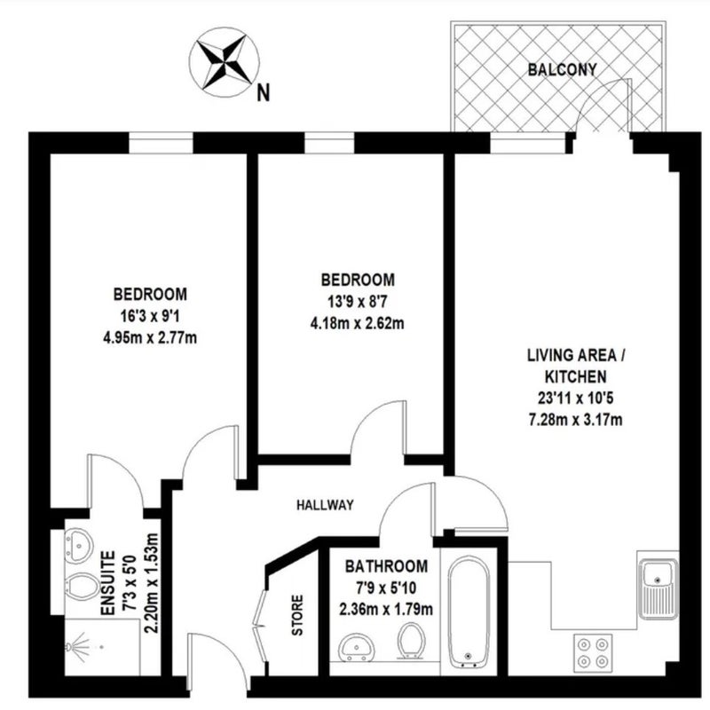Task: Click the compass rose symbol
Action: tap(225, 61)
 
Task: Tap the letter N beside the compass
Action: tap(263, 93)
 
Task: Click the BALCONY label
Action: tap(562, 69)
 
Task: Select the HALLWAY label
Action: tap(325, 505)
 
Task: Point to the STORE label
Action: tap(297, 615)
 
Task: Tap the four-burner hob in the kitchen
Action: tap(593, 652)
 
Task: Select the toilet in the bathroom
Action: tap(411, 641)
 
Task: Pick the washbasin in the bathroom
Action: tap(357, 648)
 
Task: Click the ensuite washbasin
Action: tap(78, 546)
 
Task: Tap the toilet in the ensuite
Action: tap(81, 587)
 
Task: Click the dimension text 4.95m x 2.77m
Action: tap(150, 337)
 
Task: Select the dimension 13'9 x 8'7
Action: tap(358, 301)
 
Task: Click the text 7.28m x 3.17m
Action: tap(575, 420)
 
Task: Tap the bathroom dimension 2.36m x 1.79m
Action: tap(386, 609)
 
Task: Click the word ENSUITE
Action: tap(107, 583)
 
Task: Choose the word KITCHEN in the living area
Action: tap(575, 376)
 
